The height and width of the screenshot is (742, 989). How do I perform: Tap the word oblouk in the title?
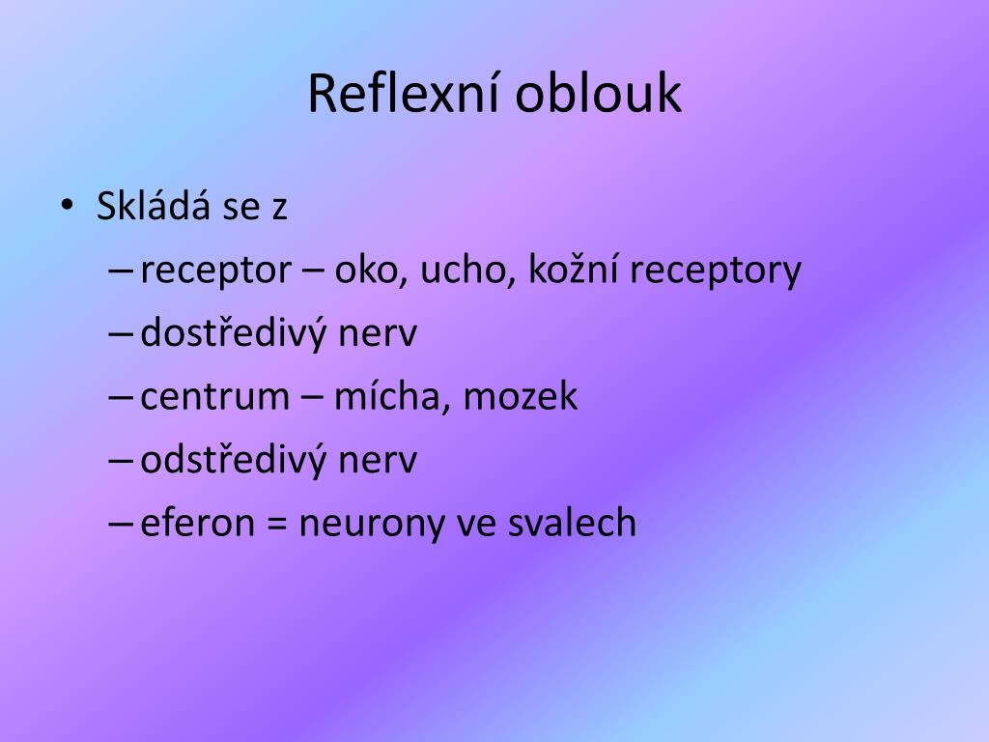tap(598, 94)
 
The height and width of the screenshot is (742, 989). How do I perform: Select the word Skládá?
tap(154, 207)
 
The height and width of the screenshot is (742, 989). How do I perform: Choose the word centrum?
tap(214, 397)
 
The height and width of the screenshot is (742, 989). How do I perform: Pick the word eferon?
tap(198, 523)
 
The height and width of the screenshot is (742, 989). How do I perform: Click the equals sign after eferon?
tap(276, 524)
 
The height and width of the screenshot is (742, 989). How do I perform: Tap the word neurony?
tap(362, 525)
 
